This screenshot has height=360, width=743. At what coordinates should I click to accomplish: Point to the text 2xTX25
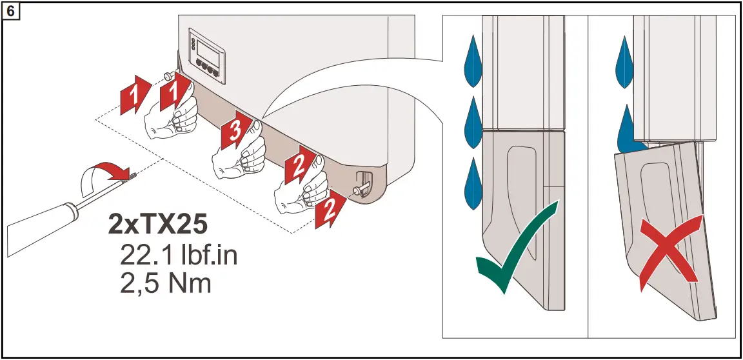(x=158, y=225)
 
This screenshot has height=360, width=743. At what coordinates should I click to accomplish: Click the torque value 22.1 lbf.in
(x=179, y=255)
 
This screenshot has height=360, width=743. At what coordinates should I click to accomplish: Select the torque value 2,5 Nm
(x=166, y=283)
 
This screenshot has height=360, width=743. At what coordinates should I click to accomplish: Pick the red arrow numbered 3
(x=234, y=132)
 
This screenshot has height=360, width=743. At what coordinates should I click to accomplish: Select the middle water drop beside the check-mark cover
(x=473, y=119)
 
